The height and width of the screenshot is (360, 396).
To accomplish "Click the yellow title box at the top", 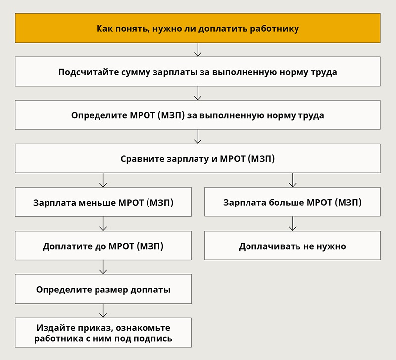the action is [198, 28].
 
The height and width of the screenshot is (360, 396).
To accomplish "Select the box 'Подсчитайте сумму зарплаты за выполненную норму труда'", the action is [198, 71].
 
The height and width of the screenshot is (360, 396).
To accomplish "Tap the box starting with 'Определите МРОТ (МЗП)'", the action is [198, 115].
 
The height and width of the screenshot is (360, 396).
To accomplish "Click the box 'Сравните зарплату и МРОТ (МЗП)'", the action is [198, 158].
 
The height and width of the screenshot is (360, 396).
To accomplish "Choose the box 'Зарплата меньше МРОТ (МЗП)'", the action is [103, 202].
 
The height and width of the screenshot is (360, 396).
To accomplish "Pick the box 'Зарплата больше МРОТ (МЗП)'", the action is [293, 202].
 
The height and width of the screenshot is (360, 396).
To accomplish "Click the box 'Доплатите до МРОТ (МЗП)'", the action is [103, 246].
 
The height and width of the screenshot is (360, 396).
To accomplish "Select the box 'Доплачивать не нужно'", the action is [293, 246].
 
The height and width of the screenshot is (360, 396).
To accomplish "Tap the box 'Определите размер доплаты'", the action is [103, 289].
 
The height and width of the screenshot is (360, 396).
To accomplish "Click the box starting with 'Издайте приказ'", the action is [103, 332].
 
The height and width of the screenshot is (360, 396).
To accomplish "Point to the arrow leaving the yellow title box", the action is [198, 50].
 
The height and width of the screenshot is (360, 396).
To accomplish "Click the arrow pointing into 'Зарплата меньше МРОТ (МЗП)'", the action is [103, 180].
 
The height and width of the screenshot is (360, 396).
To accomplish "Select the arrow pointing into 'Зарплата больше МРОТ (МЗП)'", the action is [293, 180].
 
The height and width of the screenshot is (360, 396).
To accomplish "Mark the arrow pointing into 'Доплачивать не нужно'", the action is [293, 224].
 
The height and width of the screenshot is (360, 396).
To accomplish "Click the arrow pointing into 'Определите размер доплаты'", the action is [103, 267].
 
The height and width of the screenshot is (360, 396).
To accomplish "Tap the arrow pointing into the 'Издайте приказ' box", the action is [103, 311].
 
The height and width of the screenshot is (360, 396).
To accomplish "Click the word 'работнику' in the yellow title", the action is [275, 29].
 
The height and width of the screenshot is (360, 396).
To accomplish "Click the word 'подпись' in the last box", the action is [153, 339].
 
